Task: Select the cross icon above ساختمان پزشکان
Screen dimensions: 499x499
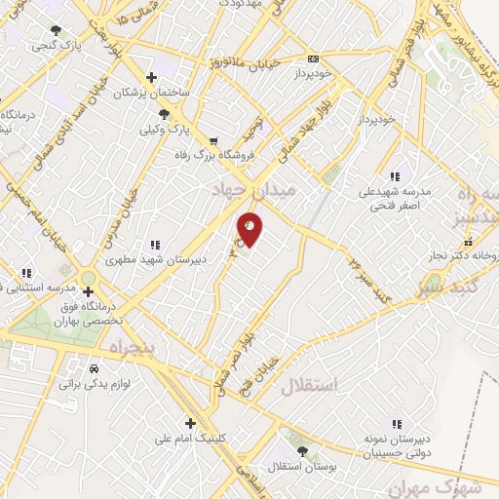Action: click(x=151, y=77)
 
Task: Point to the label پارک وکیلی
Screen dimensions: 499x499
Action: click(x=163, y=129)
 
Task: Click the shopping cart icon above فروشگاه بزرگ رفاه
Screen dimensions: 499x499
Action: click(x=212, y=140)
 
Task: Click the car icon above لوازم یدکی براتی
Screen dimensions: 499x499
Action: click(x=92, y=370)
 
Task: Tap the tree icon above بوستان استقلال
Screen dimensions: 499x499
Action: click(x=301, y=451)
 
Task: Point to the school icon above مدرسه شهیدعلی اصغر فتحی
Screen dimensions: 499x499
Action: click(x=395, y=176)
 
